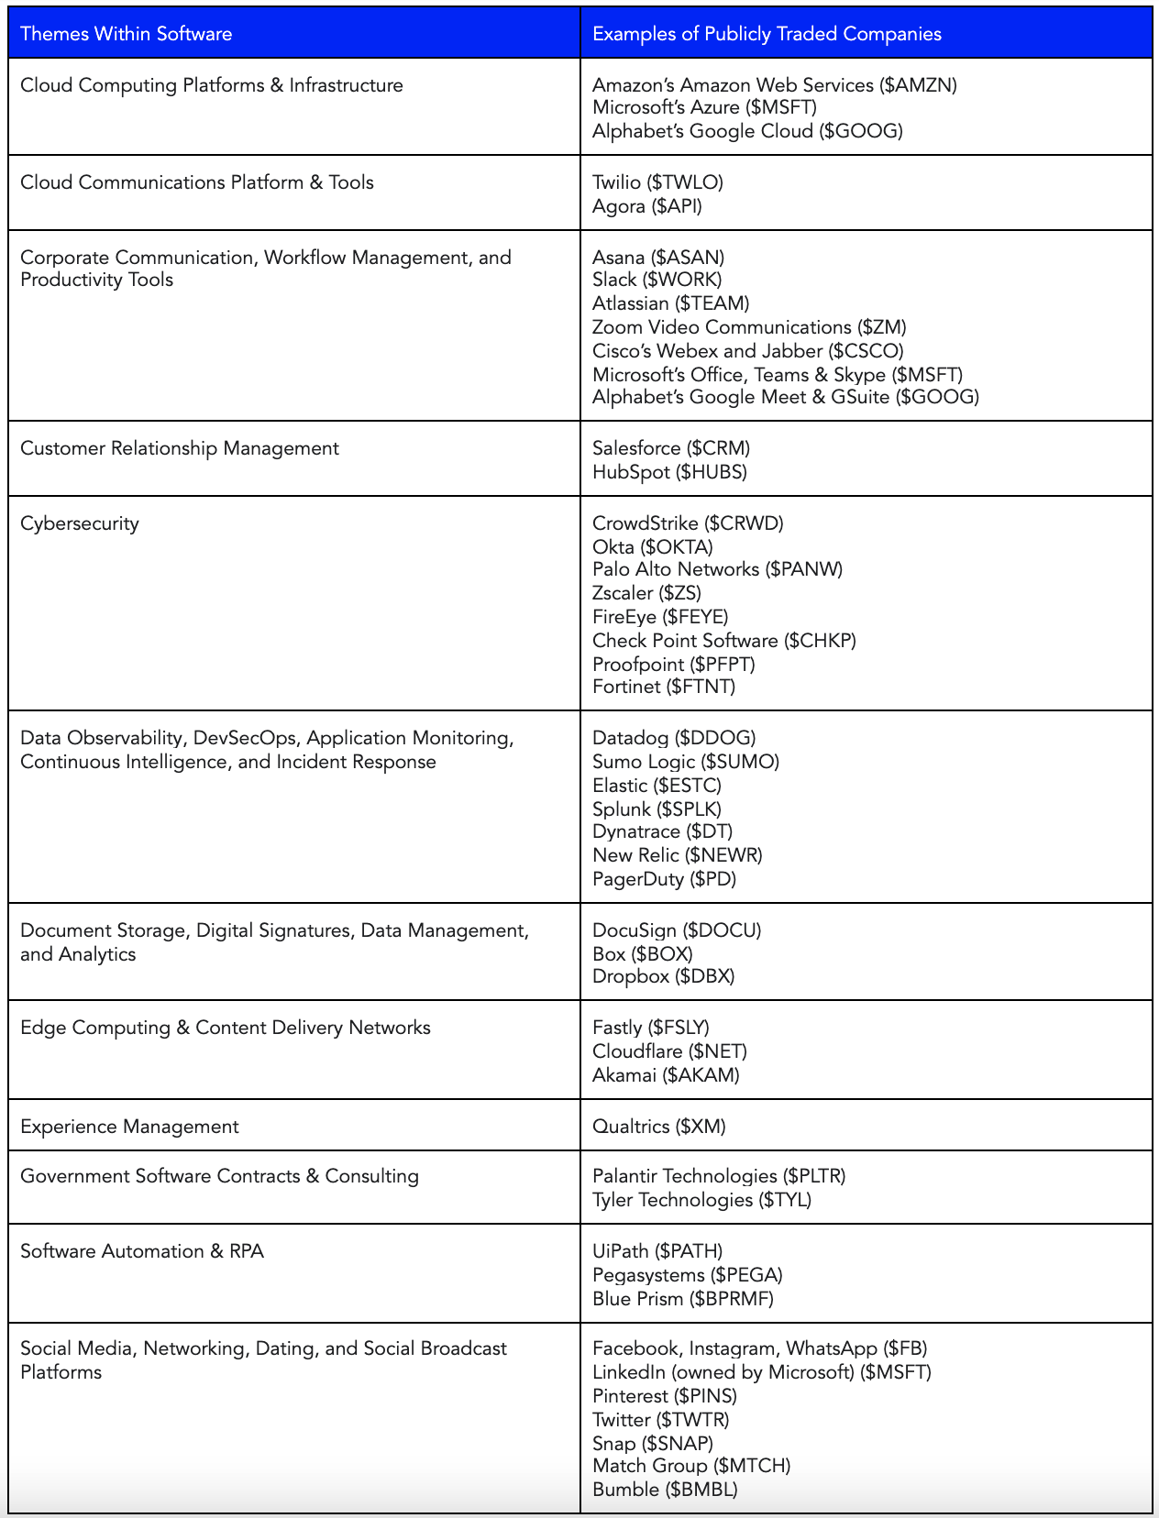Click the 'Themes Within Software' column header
tap(127, 34)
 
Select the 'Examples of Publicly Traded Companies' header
tap(767, 34)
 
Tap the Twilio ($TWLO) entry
tap(657, 182)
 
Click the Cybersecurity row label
tap(80, 523)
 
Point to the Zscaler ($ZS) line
tap(646, 593)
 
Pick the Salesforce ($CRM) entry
tap(671, 448)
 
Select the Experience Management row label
tap(129, 1127)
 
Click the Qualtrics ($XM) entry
tap(658, 1127)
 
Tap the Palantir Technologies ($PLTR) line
tap(719, 1176)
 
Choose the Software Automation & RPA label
tap(142, 1251)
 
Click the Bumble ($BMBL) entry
tap(665, 1490)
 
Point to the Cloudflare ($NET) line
tap(669, 1051)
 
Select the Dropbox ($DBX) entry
tap(663, 976)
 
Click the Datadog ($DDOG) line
tap(674, 738)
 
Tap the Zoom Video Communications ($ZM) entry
tap(749, 327)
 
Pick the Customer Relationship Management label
tap(180, 448)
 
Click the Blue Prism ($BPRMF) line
tap(683, 1299)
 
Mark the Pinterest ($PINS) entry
tap(665, 1396)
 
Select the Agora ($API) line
tap(647, 206)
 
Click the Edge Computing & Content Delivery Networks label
tap(226, 1028)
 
